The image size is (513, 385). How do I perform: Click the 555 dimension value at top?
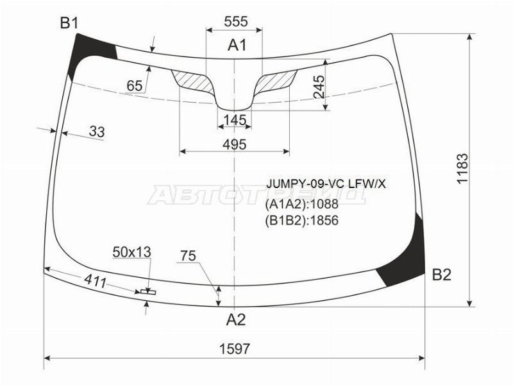[236, 22]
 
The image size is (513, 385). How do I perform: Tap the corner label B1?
[69, 23]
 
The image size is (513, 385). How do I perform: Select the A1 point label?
[237, 45]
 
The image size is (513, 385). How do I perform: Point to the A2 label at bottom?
[235, 319]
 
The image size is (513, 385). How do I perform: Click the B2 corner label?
[442, 275]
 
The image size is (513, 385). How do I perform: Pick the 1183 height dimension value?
[462, 169]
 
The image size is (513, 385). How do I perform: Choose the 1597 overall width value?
[235, 348]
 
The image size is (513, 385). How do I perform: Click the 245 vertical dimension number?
[319, 87]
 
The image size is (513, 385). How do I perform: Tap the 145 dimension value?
[235, 120]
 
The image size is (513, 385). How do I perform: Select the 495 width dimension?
[235, 144]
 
